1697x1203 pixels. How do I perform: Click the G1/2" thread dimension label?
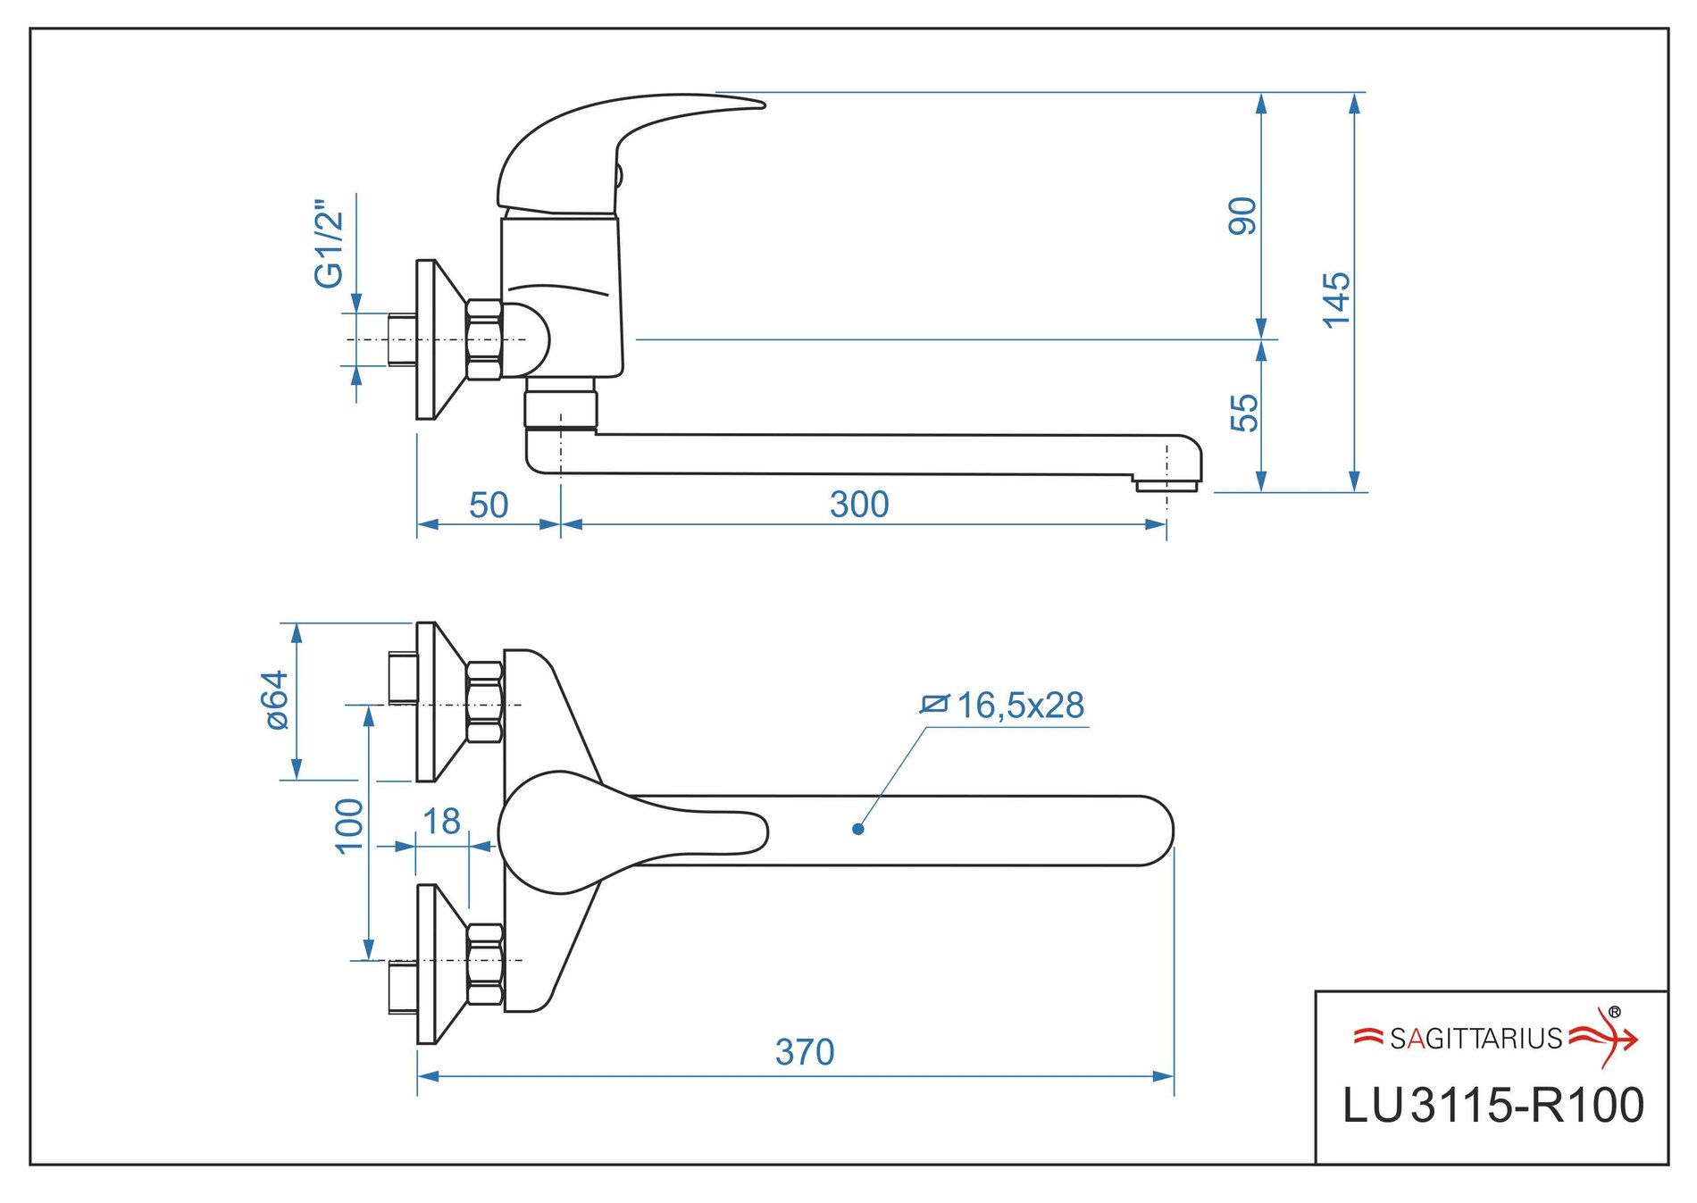329,244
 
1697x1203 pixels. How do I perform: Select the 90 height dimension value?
1242,216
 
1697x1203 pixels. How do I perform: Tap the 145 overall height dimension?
1336,300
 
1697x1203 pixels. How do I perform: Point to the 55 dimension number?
1243,413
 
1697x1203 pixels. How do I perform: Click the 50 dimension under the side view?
489,505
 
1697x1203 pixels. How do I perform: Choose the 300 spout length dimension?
859,505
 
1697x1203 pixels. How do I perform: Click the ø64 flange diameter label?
278,700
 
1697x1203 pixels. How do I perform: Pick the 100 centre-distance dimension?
349,826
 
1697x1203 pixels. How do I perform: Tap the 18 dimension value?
441,822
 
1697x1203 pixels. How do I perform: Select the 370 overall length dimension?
805,1052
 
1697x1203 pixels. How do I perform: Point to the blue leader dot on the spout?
858,829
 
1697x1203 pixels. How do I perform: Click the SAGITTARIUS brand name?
1475,1039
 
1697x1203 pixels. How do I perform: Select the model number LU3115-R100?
1492,1106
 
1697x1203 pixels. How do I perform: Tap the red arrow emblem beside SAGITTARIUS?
1606,1038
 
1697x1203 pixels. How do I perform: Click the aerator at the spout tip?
1166,485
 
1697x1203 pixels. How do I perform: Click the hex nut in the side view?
484,340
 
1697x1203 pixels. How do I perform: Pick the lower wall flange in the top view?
438,964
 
